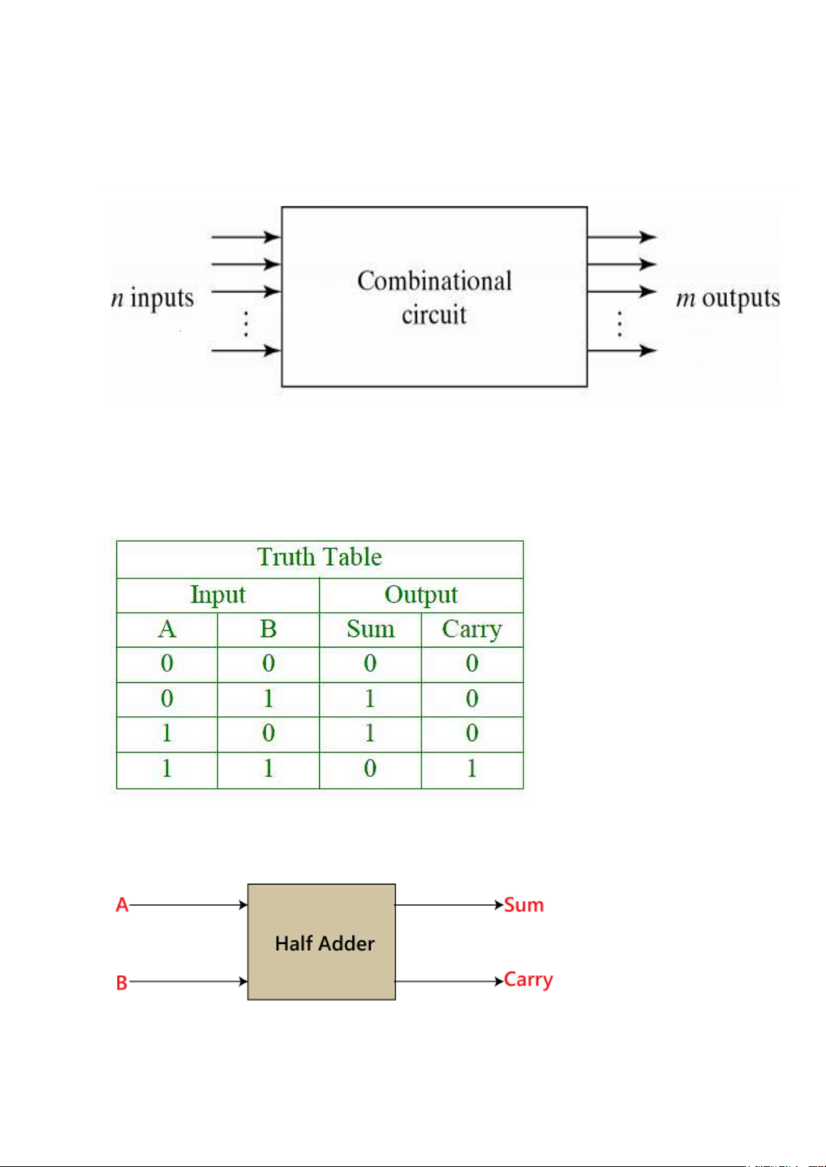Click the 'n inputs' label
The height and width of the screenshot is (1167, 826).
click(x=152, y=299)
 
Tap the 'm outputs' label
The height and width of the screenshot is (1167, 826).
click(x=728, y=299)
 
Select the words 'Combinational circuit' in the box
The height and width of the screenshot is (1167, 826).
click(x=434, y=297)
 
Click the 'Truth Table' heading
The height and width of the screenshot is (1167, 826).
click(x=319, y=558)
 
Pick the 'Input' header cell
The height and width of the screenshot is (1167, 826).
click(x=217, y=595)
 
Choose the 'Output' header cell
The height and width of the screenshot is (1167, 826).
click(x=421, y=595)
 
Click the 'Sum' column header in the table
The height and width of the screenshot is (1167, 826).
click(x=370, y=630)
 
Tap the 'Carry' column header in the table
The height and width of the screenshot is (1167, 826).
click(x=472, y=630)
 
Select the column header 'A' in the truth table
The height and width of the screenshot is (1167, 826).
click(x=167, y=630)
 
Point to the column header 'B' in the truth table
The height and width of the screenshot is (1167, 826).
click(x=268, y=630)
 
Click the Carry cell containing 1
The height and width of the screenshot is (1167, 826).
click(x=472, y=769)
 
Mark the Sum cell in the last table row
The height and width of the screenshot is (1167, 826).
click(x=370, y=769)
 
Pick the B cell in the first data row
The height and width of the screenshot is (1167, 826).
click(x=268, y=663)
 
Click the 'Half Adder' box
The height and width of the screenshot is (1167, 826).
click(x=322, y=942)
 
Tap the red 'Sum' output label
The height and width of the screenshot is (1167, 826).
click(x=524, y=905)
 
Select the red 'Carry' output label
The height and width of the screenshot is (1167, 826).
click(x=528, y=980)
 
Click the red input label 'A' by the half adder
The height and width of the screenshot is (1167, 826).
click(x=122, y=905)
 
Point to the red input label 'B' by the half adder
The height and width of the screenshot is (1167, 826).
click(x=122, y=983)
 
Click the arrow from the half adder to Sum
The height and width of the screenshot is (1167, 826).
click(x=449, y=905)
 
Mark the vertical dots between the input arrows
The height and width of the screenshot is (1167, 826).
click(x=246, y=324)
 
